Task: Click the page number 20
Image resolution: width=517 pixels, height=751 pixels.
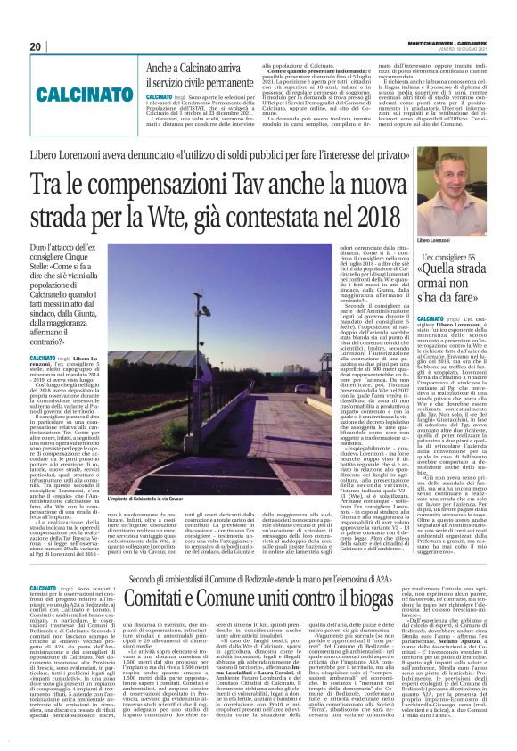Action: (35, 46)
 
